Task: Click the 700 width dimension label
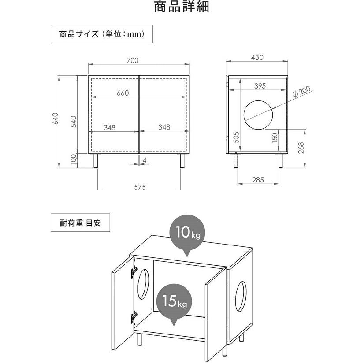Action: tap(133, 60)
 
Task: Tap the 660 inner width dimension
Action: tap(123, 93)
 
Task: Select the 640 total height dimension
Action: tap(56, 119)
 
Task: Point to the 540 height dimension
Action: tap(73, 122)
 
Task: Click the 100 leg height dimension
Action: tap(73, 160)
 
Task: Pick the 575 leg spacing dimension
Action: tap(140, 187)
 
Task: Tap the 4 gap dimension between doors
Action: tap(145, 160)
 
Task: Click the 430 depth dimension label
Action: tap(257, 57)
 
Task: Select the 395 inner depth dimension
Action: tap(260, 86)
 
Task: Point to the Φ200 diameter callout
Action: tap(301, 92)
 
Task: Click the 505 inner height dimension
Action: tap(236, 137)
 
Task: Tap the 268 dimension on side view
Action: tap(301, 148)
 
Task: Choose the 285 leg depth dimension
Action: tap(258, 180)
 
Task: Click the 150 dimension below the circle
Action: tap(275, 137)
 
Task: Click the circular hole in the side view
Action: tap(244, 115)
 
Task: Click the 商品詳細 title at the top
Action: tap(182, 7)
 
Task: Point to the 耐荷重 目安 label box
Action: tap(80, 223)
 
